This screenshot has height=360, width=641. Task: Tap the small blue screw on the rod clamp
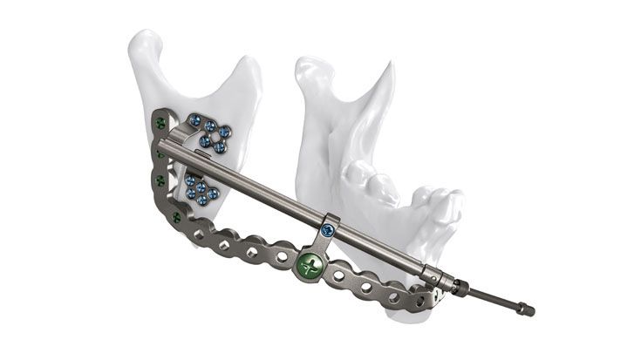327,229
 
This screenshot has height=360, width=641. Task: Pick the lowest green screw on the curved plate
177,217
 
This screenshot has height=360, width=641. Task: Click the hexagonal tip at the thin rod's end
528,309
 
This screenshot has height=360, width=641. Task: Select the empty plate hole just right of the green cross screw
338,275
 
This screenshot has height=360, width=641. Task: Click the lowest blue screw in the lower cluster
201,200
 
